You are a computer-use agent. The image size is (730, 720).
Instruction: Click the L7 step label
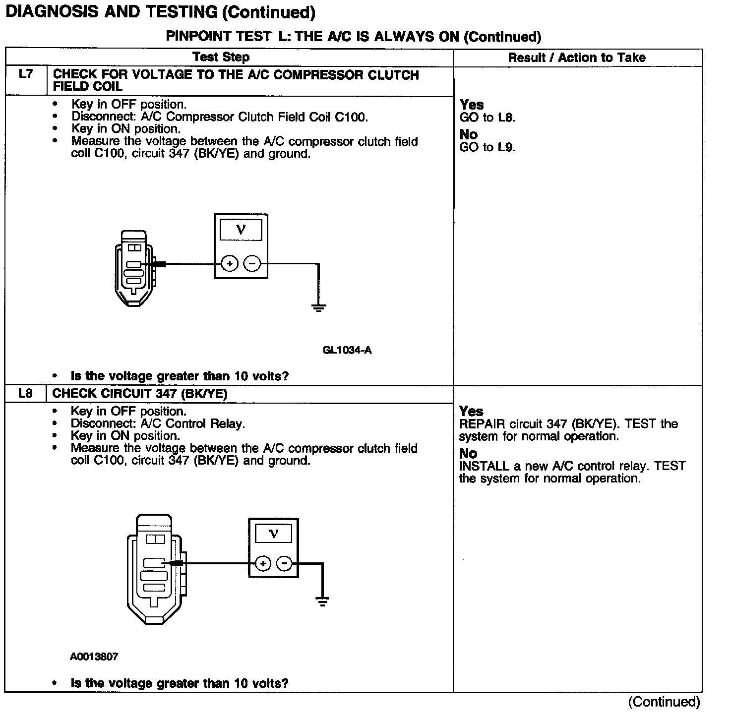coord(26,74)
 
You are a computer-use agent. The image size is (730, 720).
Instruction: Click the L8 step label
coord(25,393)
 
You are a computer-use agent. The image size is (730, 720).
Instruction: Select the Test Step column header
coord(221,57)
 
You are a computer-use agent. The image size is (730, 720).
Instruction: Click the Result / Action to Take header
coord(577,58)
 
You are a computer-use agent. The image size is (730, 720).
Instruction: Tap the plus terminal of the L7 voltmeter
coord(229,264)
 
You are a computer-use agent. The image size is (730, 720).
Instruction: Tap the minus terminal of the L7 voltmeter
coord(252,264)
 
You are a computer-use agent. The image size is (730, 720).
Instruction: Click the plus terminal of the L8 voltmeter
coord(262,563)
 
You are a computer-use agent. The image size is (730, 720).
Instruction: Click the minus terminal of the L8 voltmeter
coord(284,563)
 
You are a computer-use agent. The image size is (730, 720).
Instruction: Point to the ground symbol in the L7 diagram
coord(318,307)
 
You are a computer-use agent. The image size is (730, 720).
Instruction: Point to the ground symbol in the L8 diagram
coord(322,602)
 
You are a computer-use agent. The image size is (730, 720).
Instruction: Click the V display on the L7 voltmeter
coord(241,230)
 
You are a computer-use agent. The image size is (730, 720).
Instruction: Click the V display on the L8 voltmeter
coord(273,534)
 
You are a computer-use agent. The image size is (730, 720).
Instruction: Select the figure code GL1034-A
coord(347,351)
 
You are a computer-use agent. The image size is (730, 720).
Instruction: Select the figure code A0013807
coord(94,657)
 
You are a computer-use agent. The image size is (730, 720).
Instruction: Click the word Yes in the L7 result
coord(472,105)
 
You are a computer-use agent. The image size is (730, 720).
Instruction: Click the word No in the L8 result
coord(468,453)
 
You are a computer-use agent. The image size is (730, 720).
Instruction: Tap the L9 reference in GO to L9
coord(506,147)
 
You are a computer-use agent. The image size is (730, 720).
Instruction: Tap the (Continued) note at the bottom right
coord(664,702)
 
